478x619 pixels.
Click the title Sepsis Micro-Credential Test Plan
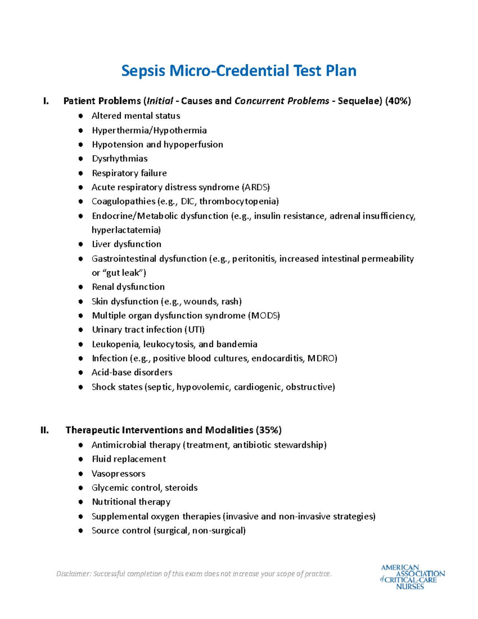coord(239,71)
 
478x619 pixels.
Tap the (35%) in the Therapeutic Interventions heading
coord(269,430)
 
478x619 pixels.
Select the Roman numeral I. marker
coord(46,101)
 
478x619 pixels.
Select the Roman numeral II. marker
coord(45,430)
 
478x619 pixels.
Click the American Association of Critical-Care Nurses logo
coord(412,577)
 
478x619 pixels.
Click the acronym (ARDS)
coord(256,187)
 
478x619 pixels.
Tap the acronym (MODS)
coord(264,316)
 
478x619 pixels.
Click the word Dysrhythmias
coord(119,159)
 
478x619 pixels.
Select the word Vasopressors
coord(118,474)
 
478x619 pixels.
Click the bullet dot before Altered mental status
coord(81,116)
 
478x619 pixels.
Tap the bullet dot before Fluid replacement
coord(81,459)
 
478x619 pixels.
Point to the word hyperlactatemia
coord(126,230)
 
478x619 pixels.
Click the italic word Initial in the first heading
coord(160,101)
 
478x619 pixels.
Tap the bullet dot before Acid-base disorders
coord(81,373)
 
